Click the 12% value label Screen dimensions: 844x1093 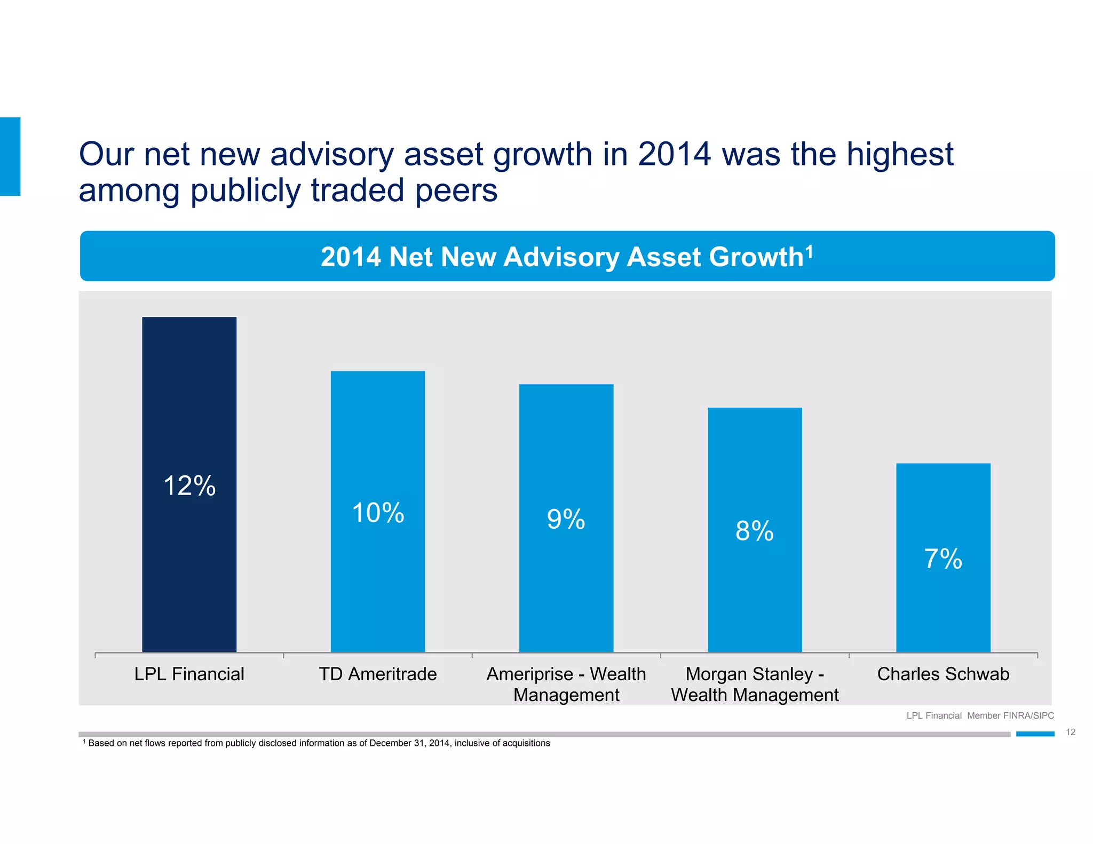click(x=189, y=486)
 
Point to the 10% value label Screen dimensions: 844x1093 click(x=378, y=513)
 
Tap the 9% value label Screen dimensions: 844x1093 click(x=566, y=519)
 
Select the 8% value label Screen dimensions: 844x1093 click(x=755, y=531)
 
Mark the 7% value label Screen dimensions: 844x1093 click(x=943, y=559)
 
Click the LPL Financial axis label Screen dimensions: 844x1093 click(x=189, y=674)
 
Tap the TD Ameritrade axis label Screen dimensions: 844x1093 click(x=378, y=674)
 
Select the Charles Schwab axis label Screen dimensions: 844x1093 click(x=943, y=674)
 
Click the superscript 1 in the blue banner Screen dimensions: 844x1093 click(x=809, y=251)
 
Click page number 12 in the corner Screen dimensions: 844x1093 click(x=1071, y=732)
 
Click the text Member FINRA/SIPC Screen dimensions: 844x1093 click(x=1010, y=715)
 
